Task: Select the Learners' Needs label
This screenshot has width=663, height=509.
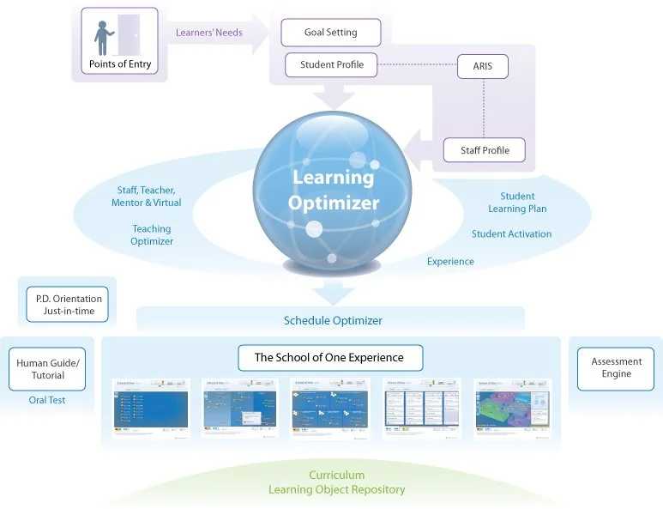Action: click(208, 33)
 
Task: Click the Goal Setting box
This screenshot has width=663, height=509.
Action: click(330, 33)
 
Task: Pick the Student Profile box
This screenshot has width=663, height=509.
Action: click(331, 64)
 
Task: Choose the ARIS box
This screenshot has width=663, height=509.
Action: click(482, 66)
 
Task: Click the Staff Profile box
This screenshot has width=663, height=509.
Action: click(484, 150)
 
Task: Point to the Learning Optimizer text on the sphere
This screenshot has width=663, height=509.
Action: click(333, 190)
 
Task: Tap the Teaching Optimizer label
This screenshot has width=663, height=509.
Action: click(152, 235)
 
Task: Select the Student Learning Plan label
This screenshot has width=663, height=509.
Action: click(517, 203)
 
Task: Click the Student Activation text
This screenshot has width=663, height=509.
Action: click(511, 233)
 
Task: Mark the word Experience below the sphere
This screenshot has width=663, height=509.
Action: click(450, 262)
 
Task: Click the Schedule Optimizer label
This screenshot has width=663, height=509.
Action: click(333, 321)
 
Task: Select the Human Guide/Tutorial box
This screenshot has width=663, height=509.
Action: click(48, 369)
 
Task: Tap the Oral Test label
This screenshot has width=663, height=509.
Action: click(47, 400)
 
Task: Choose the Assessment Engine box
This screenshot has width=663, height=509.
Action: click(616, 368)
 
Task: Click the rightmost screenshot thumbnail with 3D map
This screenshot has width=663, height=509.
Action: click(512, 409)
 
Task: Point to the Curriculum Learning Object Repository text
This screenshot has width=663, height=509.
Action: click(336, 482)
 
